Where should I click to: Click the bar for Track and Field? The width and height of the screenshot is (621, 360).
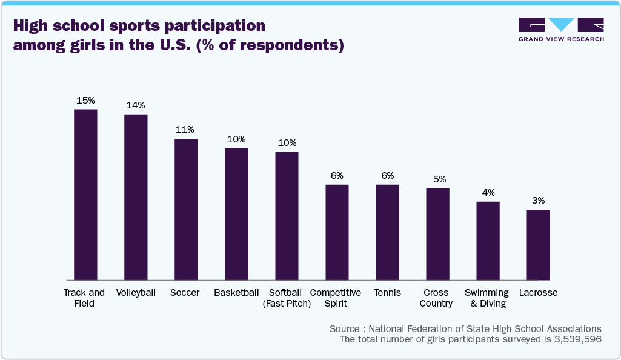[85, 195]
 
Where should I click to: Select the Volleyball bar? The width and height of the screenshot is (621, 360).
[136, 197]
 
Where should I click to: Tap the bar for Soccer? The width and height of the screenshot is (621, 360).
[186, 209]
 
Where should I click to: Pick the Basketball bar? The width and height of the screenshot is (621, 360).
[236, 214]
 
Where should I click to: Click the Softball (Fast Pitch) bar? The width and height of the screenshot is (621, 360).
[287, 216]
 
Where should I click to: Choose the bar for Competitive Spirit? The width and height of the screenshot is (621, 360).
[337, 232]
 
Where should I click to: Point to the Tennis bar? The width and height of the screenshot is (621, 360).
[387, 232]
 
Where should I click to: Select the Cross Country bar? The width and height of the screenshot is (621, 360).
[437, 234]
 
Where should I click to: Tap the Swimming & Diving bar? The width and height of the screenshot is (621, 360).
[488, 241]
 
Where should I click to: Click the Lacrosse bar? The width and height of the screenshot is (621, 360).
[538, 245]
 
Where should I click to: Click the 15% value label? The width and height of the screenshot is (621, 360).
[85, 101]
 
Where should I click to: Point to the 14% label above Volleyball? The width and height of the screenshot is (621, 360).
[136, 105]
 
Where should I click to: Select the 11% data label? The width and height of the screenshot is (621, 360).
[185, 130]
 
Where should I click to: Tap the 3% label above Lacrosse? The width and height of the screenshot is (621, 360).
[538, 201]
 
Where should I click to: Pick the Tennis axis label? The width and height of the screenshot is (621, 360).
[387, 293]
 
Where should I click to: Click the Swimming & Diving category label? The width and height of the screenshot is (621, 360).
[487, 298]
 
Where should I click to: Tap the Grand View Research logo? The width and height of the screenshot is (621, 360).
[561, 29]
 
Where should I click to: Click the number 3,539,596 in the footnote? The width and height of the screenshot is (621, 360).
[577, 339]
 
